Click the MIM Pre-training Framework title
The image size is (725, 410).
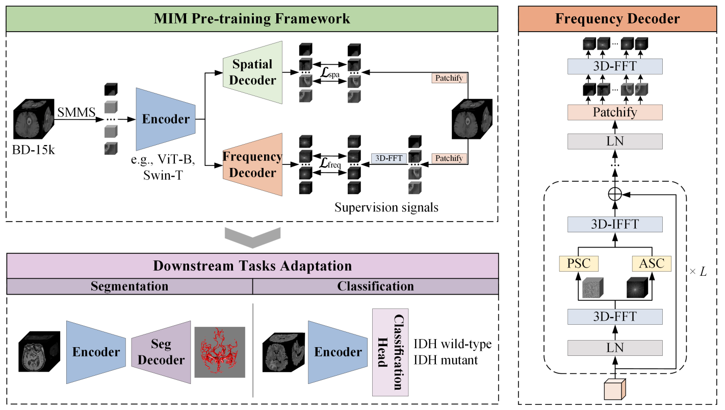(252, 19)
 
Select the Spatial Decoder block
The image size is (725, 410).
(253, 72)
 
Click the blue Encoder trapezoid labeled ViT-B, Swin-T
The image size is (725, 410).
(166, 119)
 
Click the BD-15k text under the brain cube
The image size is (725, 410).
(33, 152)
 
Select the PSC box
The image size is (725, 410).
(579, 263)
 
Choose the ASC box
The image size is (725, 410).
(652, 263)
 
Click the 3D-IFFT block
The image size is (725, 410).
(615, 225)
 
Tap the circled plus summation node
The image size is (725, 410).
(615, 195)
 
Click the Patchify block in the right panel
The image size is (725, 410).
(615, 112)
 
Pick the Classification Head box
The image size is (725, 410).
(391, 352)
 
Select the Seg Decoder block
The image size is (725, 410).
(161, 352)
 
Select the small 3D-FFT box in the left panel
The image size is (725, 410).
(389, 158)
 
